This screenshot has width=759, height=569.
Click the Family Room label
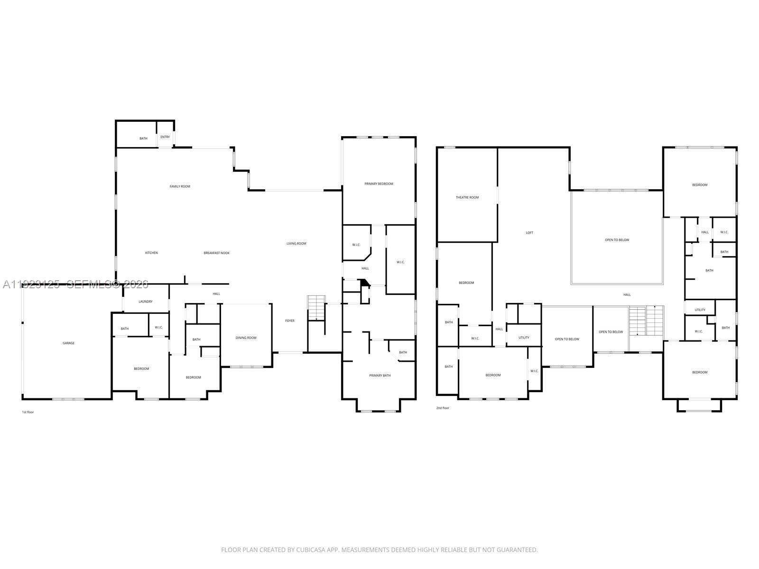[180, 186]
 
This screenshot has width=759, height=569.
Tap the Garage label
[68, 343]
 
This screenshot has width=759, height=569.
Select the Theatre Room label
[467, 197]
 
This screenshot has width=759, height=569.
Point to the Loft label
[529, 232]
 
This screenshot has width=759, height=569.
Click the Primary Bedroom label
[379, 184]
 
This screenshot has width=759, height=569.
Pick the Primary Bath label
[380, 376]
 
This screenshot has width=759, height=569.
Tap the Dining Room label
[246, 338]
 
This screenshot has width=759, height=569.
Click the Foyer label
[289, 321]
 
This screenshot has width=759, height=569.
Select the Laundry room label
[145, 302]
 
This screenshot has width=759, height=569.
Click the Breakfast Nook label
[216, 253]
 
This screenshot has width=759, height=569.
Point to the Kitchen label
[151, 253]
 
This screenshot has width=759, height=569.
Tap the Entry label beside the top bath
[165, 137]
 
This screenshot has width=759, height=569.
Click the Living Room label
[296, 243]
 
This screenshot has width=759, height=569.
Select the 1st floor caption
[28, 412]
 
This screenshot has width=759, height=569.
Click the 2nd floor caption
[442, 408]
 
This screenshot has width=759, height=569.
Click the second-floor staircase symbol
[646, 321]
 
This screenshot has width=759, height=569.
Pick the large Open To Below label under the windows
[617, 240]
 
